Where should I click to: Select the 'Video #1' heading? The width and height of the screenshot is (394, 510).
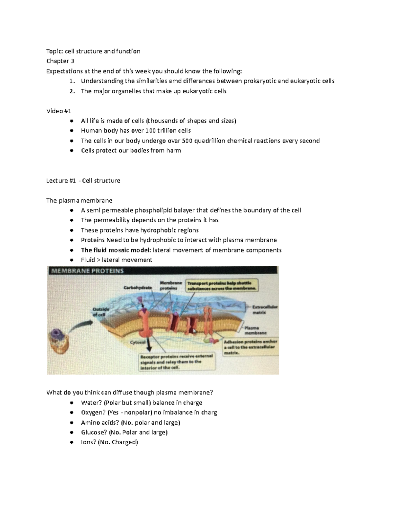(x=59, y=111)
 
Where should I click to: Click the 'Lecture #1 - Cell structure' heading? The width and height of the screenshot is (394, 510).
(x=83, y=181)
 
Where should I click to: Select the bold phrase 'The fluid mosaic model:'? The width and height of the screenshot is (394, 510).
(x=116, y=250)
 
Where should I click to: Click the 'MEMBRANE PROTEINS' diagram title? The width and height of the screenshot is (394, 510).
(x=87, y=271)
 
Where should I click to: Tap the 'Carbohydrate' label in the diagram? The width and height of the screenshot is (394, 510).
(x=138, y=287)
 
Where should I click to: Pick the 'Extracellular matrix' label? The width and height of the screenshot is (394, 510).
(x=265, y=310)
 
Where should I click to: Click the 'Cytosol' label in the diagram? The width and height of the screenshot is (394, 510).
(x=138, y=342)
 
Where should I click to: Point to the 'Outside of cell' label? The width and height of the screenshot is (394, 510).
(x=101, y=311)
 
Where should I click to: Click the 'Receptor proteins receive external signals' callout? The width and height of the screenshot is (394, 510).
(x=177, y=362)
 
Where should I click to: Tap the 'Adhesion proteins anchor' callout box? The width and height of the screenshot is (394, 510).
(x=250, y=347)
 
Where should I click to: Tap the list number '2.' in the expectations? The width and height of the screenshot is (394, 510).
(x=72, y=91)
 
